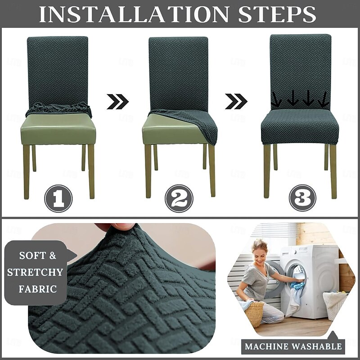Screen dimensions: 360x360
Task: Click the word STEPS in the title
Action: (x=277, y=14)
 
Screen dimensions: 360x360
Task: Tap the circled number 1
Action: (x=58, y=198)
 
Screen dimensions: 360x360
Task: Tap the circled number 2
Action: (x=179, y=198)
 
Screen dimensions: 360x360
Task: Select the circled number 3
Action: (x=302, y=198)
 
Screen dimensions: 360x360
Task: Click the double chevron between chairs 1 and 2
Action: (x=118, y=101)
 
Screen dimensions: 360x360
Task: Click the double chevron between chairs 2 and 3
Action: (x=236, y=101)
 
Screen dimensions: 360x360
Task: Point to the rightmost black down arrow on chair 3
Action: (x=324, y=99)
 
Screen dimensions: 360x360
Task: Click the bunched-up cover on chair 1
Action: (x=59, y=109)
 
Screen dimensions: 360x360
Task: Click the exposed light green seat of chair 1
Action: (x=58, y=129)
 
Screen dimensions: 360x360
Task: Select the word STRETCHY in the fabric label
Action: (x=35, y=272)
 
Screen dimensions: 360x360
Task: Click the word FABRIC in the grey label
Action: (x=38, y=289)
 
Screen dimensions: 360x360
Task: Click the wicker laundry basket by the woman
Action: (x=254, y=313)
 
